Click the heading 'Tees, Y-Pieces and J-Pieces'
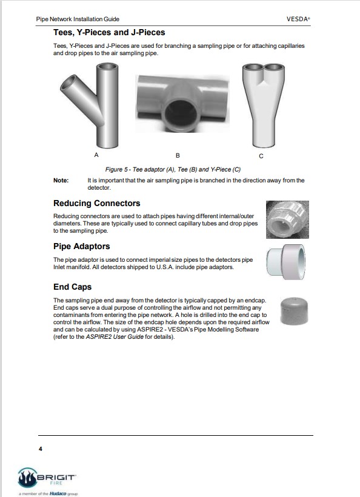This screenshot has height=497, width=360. (109, 32)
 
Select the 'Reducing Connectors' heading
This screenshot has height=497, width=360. (96, 203)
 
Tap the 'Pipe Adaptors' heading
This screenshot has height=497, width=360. (81, 246)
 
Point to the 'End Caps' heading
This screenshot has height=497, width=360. (72, 287)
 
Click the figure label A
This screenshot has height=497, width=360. (96, 155)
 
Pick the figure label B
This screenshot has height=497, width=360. (178, 156)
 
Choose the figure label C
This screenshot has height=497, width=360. (261, 156)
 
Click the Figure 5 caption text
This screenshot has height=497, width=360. (173, 170)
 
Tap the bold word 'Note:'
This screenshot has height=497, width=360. (61, 181)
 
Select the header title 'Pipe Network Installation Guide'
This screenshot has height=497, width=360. (78, 19)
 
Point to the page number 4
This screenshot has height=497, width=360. (40, 449)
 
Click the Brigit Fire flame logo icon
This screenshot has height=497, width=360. (27, 478)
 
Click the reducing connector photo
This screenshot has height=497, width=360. (287, 219)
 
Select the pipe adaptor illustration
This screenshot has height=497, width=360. (286, 262)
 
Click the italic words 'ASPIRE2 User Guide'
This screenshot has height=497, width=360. (115, 337)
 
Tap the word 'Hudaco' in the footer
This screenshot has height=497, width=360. (58, 493)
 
